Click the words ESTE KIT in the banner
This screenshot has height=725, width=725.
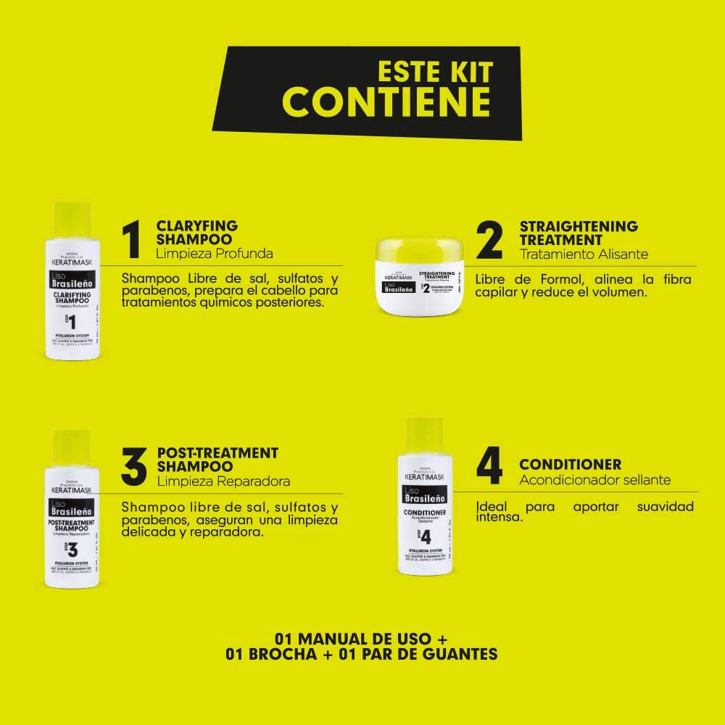click(x=435, y=71)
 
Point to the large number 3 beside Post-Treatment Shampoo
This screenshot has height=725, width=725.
click(x=133, y=466)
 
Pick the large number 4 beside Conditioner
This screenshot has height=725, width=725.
click(x=490, y=466)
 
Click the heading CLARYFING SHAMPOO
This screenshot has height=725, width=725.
click(x=196, y=232)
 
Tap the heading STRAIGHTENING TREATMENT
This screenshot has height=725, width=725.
click(x=579, y=233)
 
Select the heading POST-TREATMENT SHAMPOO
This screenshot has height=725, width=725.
click(x=217, y=460)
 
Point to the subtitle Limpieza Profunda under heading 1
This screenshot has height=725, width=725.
click(x=215, y=254)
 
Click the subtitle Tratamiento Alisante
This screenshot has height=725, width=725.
click(x=584, y=254)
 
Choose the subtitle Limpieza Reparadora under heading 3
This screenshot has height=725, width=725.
click(x=223, y=481)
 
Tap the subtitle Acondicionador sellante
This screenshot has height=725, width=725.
click(x=594, y=480)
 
